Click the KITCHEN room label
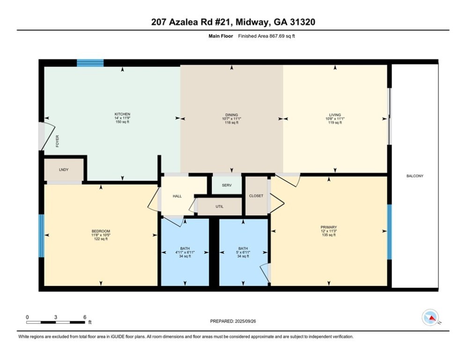click(122, 114)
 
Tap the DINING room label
click(231, 115)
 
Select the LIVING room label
click(335, 115)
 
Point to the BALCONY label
click(414, 176)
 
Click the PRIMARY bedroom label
click(329, 227)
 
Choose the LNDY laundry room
click(64, 170)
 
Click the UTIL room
click(220, 206)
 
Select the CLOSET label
click(256, 196)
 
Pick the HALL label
click(177, 196)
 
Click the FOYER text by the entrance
click(58, 142)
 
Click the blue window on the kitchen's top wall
click(90, 63)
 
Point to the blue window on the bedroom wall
click(41, 236)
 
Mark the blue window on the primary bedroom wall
click(389, 232)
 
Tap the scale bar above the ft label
click(56, 322)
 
